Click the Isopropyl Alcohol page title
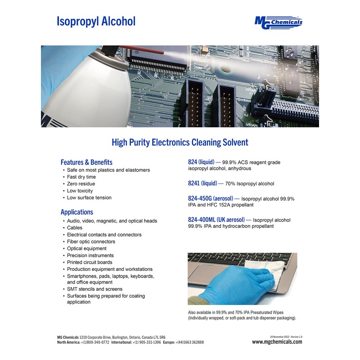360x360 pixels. click(x=96, y=21)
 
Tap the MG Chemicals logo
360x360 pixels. click(x=279, y=22)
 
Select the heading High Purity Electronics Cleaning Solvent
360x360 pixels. click(x=180, y=143)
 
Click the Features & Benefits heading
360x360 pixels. click(x=86, y=162)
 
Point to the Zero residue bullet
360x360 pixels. click(x=81, y=184)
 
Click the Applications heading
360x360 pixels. click(x=77, y=212)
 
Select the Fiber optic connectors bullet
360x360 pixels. click(x=91, y=242)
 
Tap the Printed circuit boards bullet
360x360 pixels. click(x=90, y=262)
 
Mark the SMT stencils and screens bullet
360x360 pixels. click(x=94, y=289)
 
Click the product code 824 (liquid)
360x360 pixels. click(x=201, y=162)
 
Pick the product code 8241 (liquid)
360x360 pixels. click(x=202, y=183)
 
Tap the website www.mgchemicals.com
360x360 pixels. click(x=277, y=342)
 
